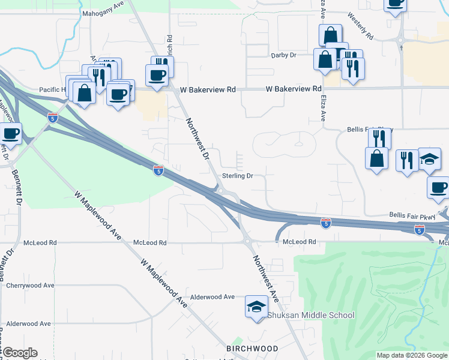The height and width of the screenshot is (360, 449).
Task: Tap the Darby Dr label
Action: (285, 55)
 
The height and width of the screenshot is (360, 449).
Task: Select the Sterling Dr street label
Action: (238, 176)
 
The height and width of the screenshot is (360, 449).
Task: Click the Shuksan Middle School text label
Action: (311, 315)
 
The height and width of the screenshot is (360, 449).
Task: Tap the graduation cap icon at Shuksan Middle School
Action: (256, 307)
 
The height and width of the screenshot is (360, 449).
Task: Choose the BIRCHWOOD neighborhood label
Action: (252, 349)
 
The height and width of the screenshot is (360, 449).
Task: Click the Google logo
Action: (20, 353)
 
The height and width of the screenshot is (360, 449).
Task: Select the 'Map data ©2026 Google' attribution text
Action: (412, 355)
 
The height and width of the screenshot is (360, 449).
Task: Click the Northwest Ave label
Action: (265, 278)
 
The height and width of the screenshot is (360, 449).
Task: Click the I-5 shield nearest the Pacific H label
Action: (53, 118)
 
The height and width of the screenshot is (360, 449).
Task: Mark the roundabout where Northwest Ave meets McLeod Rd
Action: (247, 242)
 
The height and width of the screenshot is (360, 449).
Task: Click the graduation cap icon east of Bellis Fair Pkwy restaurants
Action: (429, 159)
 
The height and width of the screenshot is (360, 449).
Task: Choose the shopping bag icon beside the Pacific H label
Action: (84, 93)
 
